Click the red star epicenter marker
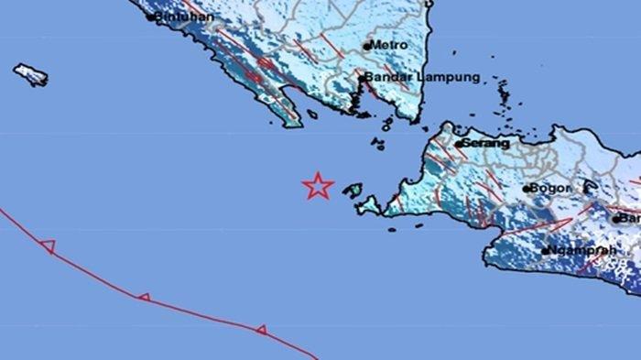pyautogui.click(x=318, y=186)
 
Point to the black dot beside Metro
pyautogui.click(x=367, y=45)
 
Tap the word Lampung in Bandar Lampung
pyautogui.click(x=450, y=78)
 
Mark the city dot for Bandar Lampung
pyautogui.click(x=364, y=79)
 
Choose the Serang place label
pyautogui.click(x=486, y=143)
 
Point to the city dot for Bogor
pyautogui.click(x=527, y=190)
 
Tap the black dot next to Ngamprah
pyautogui.click(x=546, y=250)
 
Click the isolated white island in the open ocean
pyautogui.click(x=30, y=74)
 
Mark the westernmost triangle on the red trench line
pyautogui.click(x=48, y=245)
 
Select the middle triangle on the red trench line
pyautogui.click(x=144, y=298)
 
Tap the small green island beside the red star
pyautogui.click(x=353, y=191)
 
